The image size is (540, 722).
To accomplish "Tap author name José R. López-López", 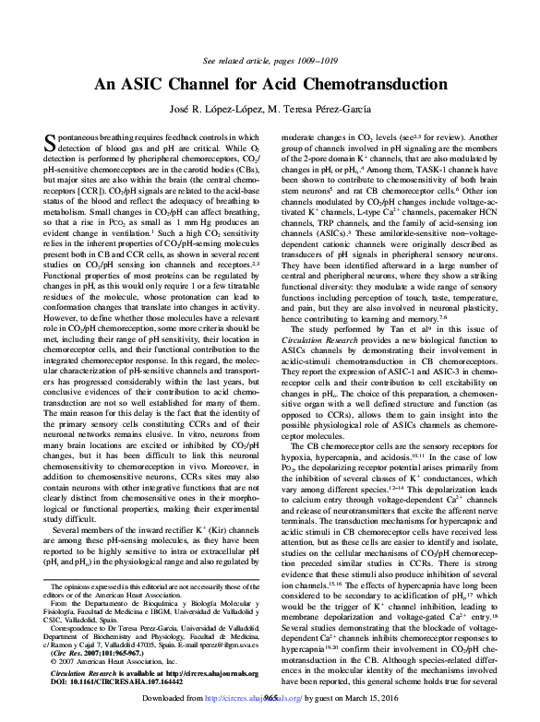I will [212, 110].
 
